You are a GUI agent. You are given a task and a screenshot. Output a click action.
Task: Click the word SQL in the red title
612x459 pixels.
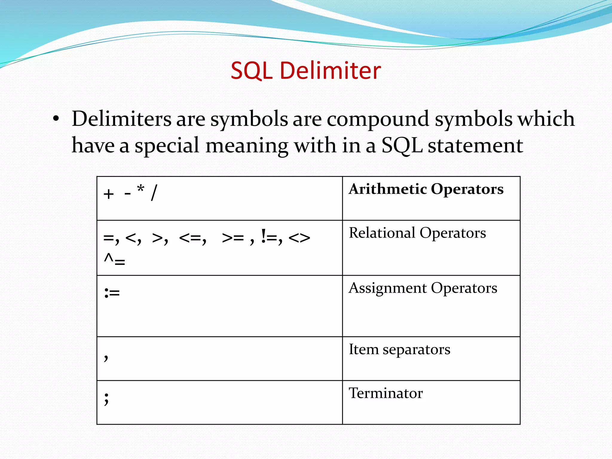251,71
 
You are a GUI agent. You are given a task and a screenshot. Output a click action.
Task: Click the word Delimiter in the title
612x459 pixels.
330,71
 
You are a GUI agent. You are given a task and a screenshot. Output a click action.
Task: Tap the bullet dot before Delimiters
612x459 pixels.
56,119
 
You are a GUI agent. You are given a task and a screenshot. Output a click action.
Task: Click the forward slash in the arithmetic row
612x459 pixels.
154,193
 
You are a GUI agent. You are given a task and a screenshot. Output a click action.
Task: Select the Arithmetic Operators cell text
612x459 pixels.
426,189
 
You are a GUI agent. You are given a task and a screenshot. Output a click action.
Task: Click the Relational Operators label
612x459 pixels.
417,233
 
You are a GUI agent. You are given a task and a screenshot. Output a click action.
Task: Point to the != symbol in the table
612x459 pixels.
270,238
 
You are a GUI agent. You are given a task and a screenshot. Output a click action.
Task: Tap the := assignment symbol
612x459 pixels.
112,293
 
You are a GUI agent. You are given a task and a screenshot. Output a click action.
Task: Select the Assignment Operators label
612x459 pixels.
423,288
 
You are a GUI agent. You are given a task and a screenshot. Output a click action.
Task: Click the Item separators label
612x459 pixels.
399,350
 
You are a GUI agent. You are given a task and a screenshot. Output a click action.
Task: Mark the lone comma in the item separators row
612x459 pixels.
106,357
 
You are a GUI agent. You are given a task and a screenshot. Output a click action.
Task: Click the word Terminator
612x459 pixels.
385,393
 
